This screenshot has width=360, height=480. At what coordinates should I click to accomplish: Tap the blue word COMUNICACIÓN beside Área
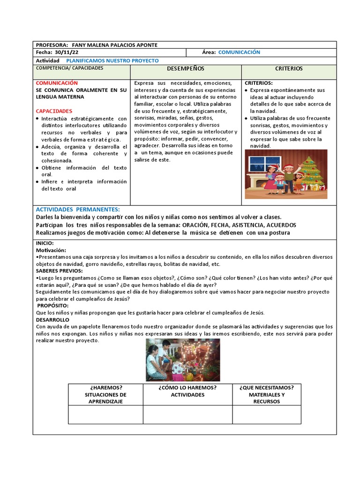(239, 52)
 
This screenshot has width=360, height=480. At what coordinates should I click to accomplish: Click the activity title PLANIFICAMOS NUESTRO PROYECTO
(112, 61)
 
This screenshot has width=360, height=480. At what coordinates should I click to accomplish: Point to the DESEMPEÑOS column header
(186, 69)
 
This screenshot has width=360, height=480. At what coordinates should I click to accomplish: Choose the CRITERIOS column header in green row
(289, 69)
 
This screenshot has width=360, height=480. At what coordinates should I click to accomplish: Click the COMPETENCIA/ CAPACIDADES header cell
(70, 68)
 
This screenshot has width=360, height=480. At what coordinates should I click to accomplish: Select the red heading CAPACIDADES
(54, 111)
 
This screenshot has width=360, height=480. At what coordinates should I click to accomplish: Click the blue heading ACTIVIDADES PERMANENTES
(78, 209)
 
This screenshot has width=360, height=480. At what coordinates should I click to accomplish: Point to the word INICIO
(45, 243)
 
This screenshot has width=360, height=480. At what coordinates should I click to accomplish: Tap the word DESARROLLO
(52, 319)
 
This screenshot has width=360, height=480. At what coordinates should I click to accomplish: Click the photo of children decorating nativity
(183, 360)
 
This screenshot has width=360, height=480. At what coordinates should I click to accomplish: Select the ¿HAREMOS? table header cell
(105, 394)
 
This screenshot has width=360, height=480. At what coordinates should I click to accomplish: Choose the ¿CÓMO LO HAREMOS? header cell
(187, 391)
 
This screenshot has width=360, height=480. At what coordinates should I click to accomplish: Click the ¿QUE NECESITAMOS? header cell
(267, 394)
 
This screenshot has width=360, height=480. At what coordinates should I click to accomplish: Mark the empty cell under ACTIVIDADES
(187, 414)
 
